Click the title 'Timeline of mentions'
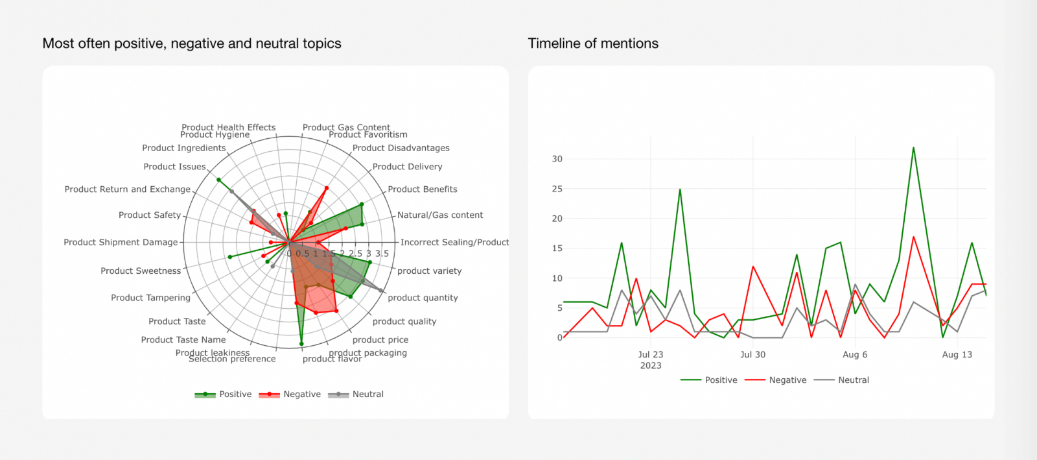pyautogui.click(x=593, y=43)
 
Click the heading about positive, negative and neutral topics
pyautogui.click(x=192, y=43)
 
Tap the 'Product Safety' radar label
pyautogui.click(x=150, y=215)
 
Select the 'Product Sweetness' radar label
pyautogui.click(x=141, y=271)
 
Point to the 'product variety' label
pyautogui.click(x=429, y=271)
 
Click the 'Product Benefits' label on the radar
pyautogui.click(x=422, y=189)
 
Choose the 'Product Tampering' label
pyautogui.click(x=150, y=298)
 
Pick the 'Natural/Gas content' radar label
pyautogui.click(x=440, y=215)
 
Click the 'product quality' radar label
pyautogui.click(x=404, y=322)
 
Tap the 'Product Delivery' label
pyautogui.click(x=407, y=167)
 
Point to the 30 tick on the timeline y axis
pyautogui.click(x=557, y=159)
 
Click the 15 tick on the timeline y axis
pyautogui.click(x=557, y=248)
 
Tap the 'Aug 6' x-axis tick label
pyautogui.click(x=855, y=355)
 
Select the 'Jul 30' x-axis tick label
pyautogui.click(x=752, y=355)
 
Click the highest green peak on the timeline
pyautogui.click(x=913, y=148)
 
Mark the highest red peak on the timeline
pyautogui.click(x=913, y=237)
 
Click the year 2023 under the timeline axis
pyautogui.click(x=651, y=366)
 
